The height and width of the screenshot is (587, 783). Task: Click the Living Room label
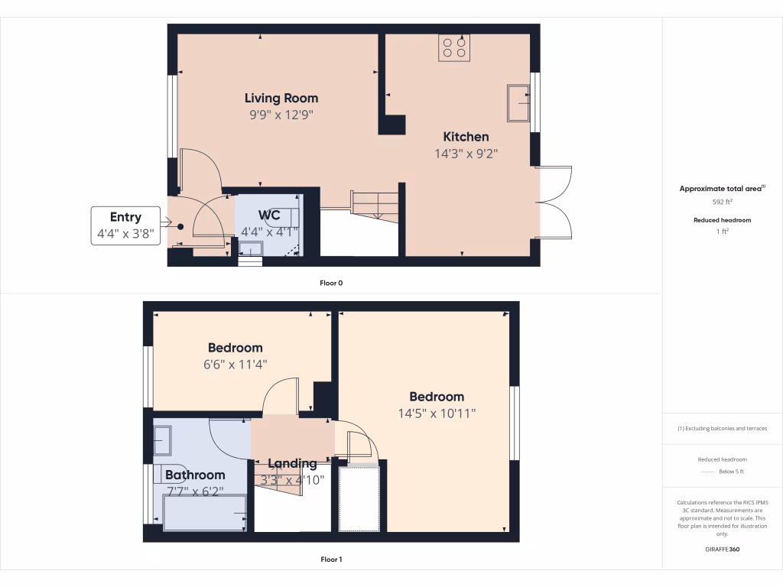281,98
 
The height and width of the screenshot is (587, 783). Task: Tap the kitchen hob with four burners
454,47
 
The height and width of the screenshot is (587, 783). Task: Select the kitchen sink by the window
518,103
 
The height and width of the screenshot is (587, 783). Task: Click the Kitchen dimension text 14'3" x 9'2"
466,153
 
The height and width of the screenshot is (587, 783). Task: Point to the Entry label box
125,225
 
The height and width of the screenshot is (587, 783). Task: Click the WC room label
269,214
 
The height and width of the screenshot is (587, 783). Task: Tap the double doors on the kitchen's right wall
554,203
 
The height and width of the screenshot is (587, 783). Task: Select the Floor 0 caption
330,283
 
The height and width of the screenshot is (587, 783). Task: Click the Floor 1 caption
330,559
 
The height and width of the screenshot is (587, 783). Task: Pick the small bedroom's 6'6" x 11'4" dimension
235,365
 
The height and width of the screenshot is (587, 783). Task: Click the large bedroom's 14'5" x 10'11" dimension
437,413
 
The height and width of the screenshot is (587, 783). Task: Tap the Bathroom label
195,475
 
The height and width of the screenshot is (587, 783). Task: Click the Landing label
292,463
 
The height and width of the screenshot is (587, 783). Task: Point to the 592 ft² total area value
723,203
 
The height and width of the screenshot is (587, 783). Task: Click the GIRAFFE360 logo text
723,549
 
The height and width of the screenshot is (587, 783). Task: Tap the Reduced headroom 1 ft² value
723,232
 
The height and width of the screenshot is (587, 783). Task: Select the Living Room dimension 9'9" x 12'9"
281,115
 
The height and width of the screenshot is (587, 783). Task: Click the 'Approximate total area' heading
721,189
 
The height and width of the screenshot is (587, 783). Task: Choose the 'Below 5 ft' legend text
732,472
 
